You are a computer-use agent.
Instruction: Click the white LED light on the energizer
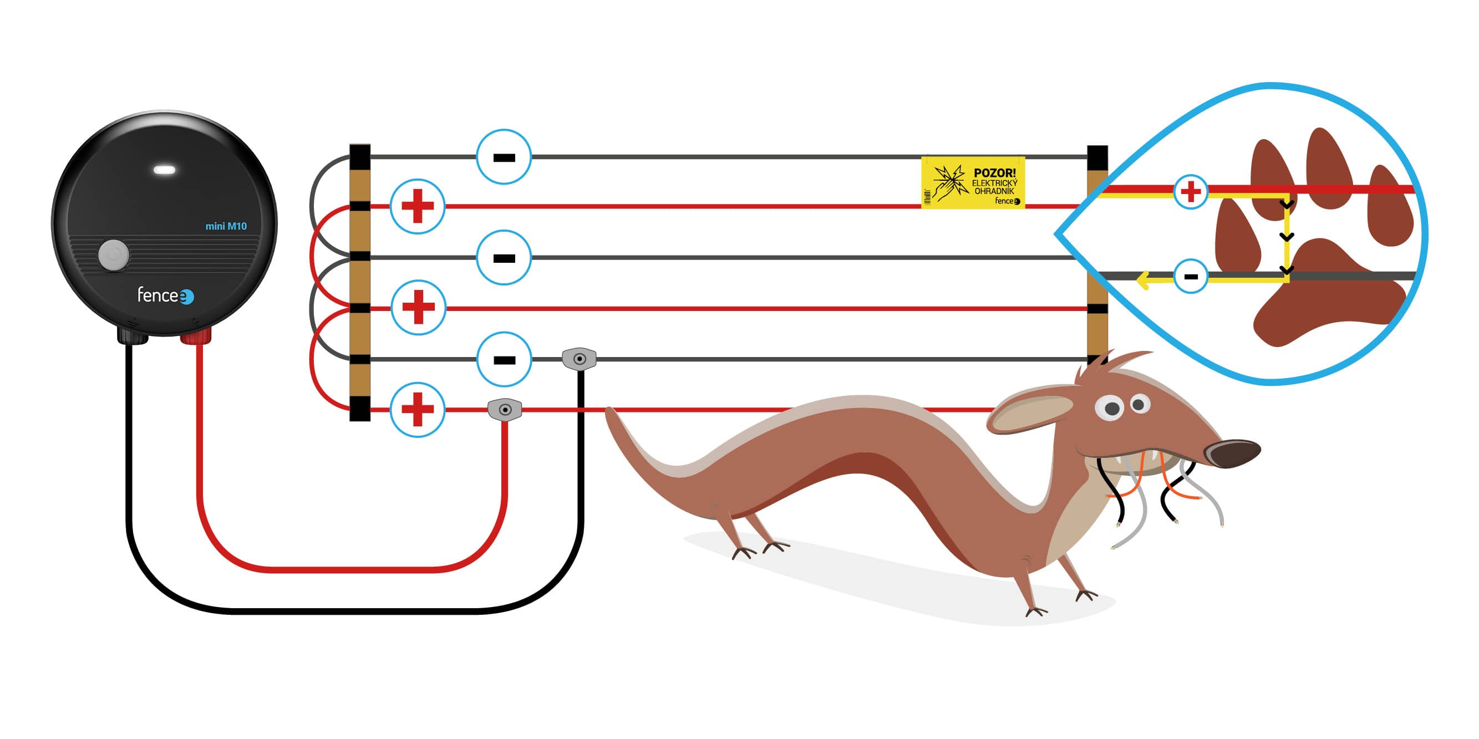coord(164,170)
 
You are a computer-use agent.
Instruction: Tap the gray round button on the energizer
coord(114,255)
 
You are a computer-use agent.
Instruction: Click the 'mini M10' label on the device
coord(226,226)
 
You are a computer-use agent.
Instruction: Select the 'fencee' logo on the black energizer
coord(165,295)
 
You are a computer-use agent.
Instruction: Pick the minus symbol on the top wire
coord(504,157)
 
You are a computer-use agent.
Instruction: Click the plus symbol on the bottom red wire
coord(418,410)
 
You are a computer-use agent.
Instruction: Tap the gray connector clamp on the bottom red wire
coord(505,410)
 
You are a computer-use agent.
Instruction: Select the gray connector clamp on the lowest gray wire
coord(580,359)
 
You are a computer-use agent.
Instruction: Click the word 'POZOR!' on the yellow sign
coord(994,173)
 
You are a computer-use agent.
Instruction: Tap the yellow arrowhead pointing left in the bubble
coord(1142,281)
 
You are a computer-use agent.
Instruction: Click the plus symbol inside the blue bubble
coord(1191,192)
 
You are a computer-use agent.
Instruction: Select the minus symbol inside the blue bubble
coord(1191,277)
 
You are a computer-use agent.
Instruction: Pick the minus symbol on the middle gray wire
coord(504,258)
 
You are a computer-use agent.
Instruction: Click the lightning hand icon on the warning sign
coord(949,182)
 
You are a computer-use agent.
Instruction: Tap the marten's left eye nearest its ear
coord(1111,409)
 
